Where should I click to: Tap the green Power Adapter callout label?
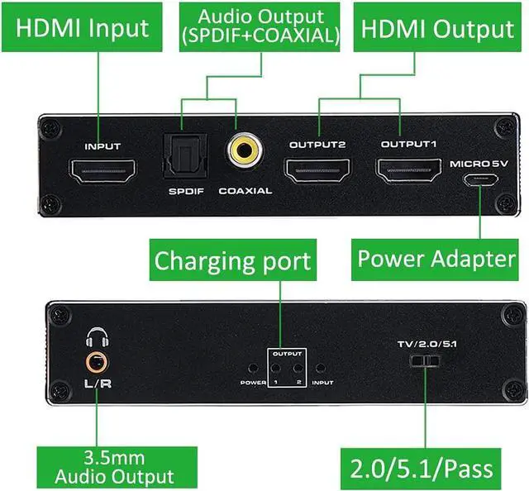coord(436,258)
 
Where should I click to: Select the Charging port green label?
coord(233,261)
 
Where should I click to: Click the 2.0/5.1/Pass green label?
coord(422,468)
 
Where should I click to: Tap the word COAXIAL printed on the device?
coord(245,191)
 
